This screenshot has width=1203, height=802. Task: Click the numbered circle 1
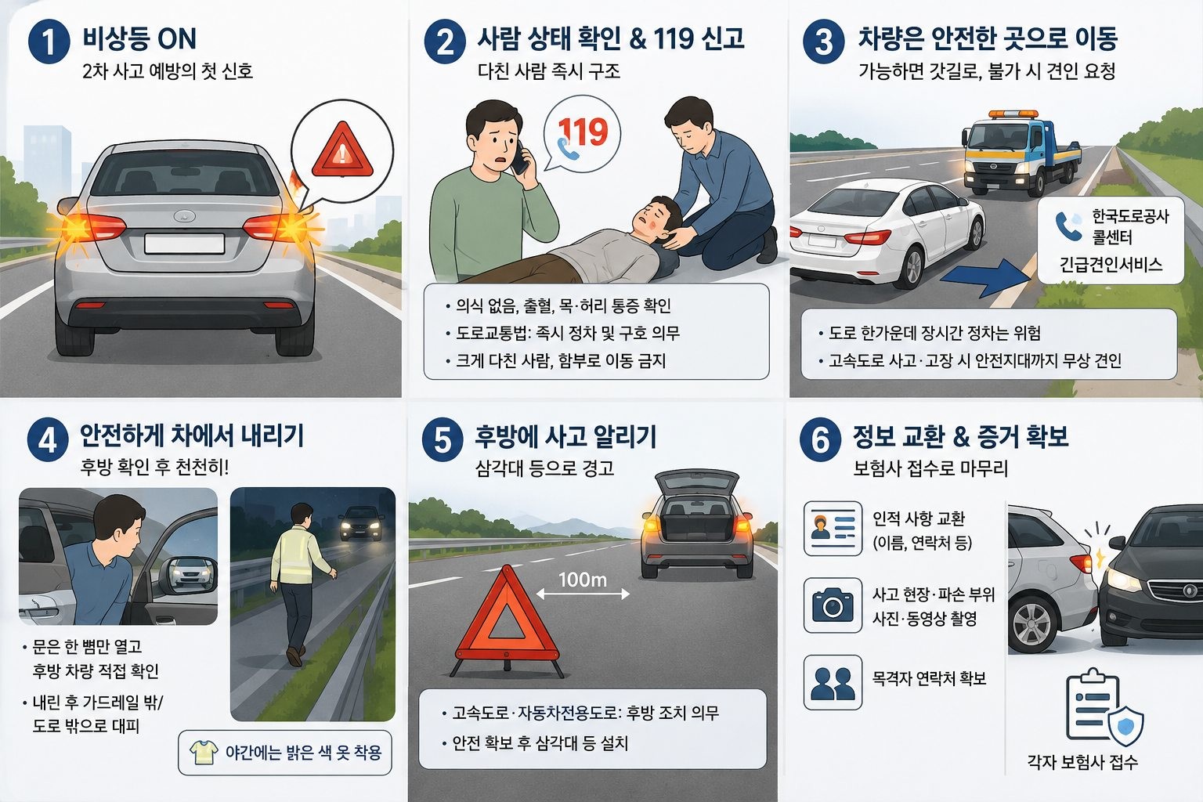tap(49, 42)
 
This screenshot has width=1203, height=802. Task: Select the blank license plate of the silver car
tap(184, 244)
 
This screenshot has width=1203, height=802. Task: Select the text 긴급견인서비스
tap(1111, 264)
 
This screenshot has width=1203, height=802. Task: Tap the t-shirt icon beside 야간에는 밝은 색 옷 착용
tap(204, 752)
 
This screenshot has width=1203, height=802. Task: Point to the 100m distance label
tap(583, 580)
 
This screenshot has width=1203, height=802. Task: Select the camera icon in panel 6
tap(833, 605)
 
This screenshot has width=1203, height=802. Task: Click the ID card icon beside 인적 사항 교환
tap(833, 529)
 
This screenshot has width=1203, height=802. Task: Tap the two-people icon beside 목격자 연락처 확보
tap(833, 683)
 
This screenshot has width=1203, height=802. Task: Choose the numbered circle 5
tap(443, 440)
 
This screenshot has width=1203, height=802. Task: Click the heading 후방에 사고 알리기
tap(565, 436)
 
